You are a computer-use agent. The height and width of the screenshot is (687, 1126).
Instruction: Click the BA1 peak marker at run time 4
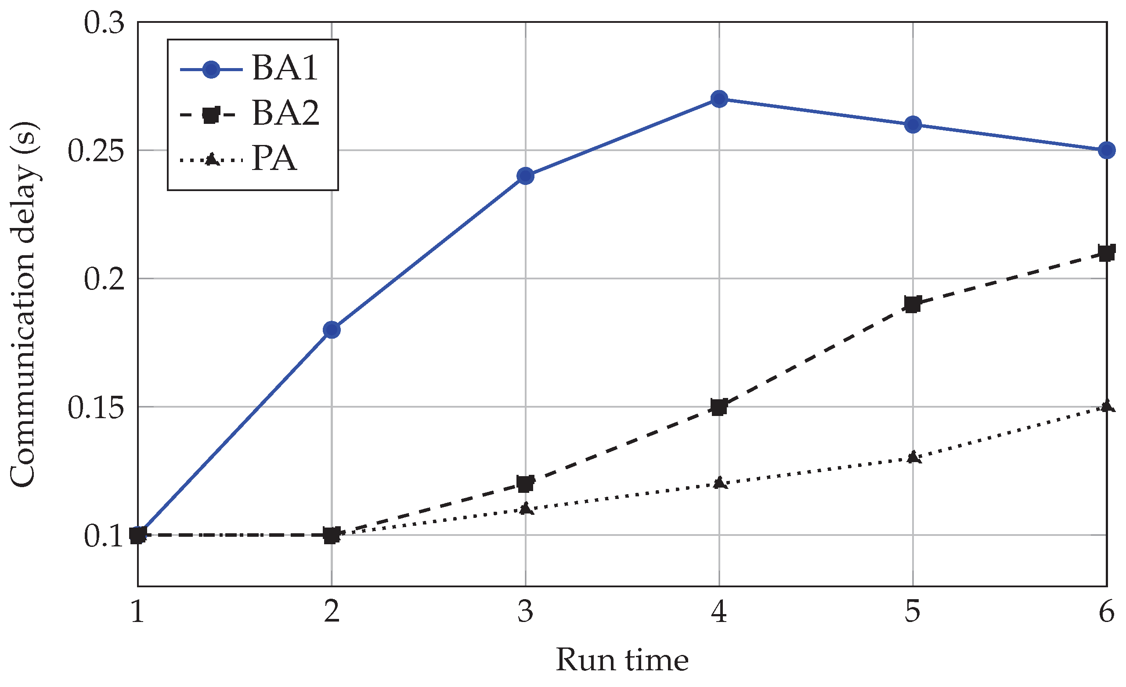pyautogui.click(x=719, y=99)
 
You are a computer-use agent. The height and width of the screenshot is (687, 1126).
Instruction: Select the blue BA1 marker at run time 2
pyautogui.click(x=332, y=329)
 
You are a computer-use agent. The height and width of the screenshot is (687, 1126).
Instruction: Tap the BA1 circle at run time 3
pyautogui.click(x=526, y=176)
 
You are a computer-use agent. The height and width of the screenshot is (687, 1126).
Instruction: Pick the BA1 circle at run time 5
pyautogui.click(x=913, y=124)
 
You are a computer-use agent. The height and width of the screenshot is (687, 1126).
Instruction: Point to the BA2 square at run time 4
pyautogui.click(x=719, y=406)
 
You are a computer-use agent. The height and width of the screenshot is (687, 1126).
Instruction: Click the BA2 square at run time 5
pyautogui.click(x=913, y=304)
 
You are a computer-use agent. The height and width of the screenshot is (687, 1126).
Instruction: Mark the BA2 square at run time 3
pyautogui.click(x=526, y=483)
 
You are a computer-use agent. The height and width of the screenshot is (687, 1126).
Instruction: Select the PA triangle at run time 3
pyautogui.click(x=526, y=508)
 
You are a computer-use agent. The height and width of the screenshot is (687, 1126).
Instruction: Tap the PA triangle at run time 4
pyautogui.click(x=719, y=483)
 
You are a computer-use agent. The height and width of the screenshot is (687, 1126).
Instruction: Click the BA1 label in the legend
pyautogui.click(x=284, y=68)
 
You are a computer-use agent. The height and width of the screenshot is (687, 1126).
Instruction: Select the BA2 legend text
pyautogui.click(x=285, y=113)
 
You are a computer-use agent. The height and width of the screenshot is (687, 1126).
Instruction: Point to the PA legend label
pyautogui.click(x=274, y=159)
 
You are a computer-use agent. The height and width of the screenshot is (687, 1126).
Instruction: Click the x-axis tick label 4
pyautogui.click(x=719, y=611)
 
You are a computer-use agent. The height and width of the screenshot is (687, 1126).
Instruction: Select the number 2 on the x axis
pyautogui.click(x=332, y=611)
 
